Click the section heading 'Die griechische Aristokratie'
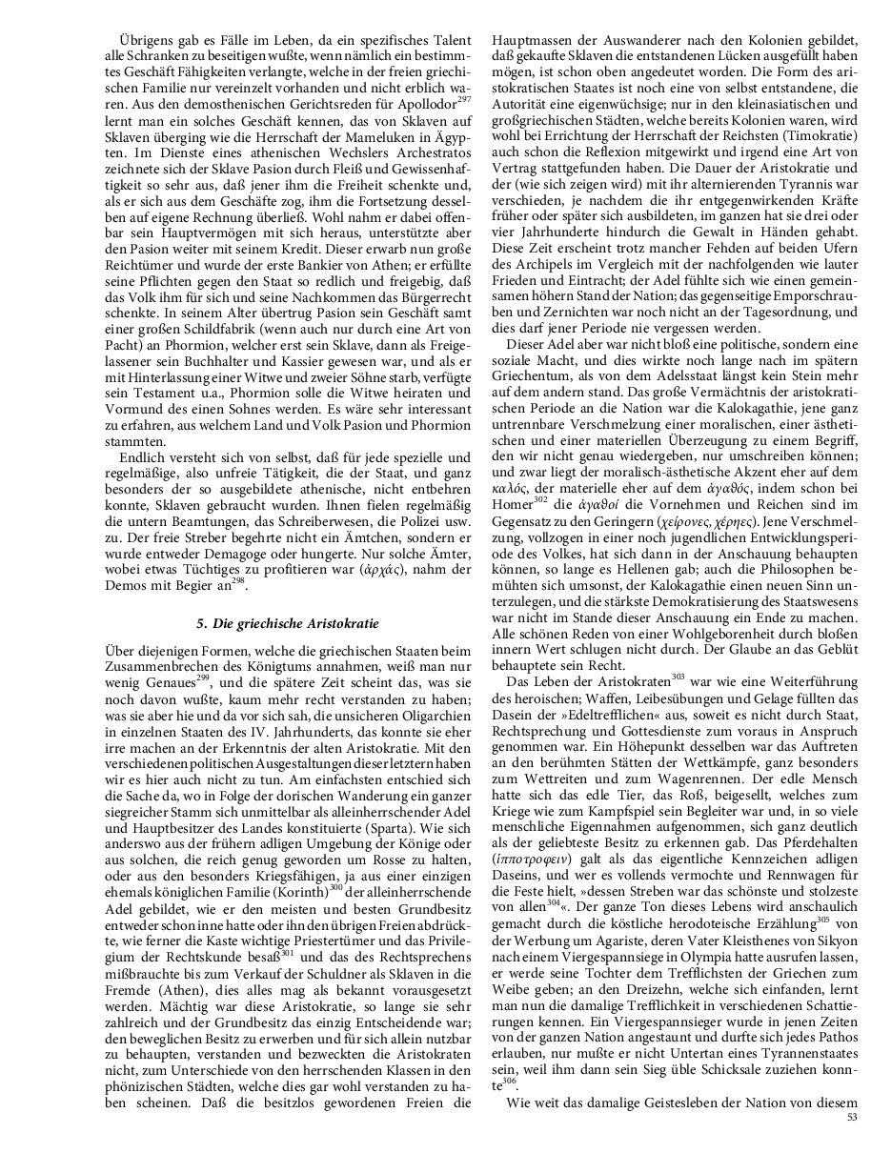coord(288,624)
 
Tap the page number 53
coord(853,1118)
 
